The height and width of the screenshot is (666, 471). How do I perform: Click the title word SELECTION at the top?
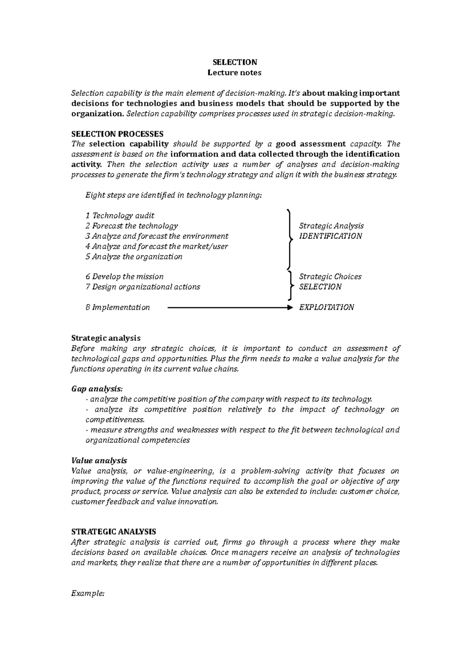click(x=235, y=62)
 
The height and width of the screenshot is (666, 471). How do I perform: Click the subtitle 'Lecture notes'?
click(x=235, y=73)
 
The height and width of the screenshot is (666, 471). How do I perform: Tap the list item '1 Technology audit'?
click(x=120, y=215)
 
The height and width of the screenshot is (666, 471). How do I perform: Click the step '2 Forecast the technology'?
click(x=131, y=226)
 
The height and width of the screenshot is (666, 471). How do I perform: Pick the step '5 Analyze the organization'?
click(x=134, y=257)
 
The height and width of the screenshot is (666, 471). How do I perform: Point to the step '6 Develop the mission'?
click(x=124, y=277)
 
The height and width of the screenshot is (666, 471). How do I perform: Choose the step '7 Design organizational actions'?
click(x=143, y=287)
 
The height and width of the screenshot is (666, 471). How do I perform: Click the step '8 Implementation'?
click(x=118, y=307)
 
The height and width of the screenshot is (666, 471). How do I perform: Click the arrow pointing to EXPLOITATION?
click(x=230, y=308)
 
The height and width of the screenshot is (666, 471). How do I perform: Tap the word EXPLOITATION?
click(x=327, y=307)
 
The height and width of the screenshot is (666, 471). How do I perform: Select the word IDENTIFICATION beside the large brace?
click(x=330, y=236)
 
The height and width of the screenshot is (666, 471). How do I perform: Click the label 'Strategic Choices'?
click(x=330, y=277)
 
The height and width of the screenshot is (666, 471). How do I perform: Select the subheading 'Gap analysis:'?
click(x=97, y=389)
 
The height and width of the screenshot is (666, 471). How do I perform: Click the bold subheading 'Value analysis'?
click(x=99, y=460)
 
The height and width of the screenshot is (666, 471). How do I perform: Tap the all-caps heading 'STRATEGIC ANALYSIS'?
click(x=113, y=531)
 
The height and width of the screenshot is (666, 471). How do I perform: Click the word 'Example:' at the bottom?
click(x=88, y=593)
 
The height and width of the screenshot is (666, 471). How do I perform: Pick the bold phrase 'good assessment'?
click(x=311, y=144)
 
